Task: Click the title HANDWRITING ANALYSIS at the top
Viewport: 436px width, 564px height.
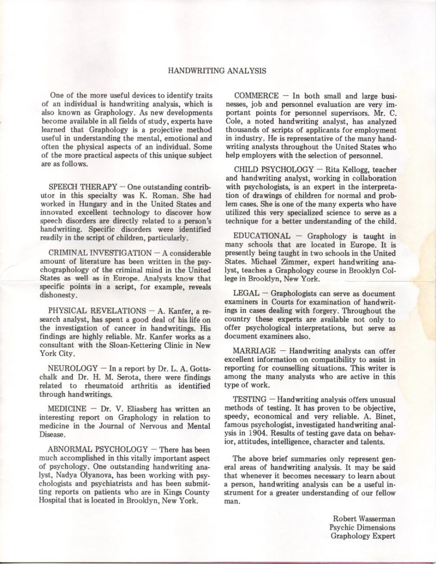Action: pyautogui.click(x=217, y=71)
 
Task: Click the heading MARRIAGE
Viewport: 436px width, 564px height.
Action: pyautogui.click(x=255, y=351)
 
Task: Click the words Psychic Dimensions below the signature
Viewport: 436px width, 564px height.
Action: pyautogui.click(x=363, y=527)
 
